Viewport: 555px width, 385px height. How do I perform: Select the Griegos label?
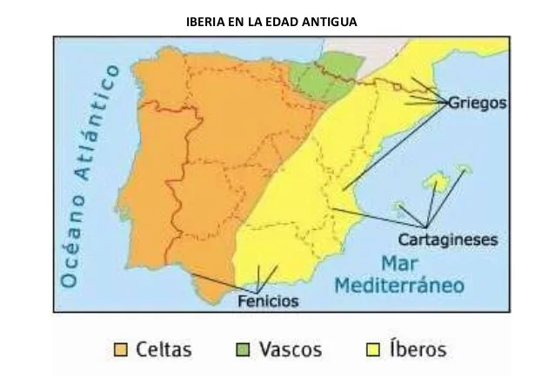478,103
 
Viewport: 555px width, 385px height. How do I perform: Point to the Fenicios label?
268,302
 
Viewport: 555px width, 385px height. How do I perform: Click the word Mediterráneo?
400,285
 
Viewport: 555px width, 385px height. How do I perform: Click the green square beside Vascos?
244,350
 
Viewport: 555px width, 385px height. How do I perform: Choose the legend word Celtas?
164,350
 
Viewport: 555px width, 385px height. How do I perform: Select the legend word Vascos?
290,350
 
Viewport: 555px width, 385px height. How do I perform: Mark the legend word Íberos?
417,350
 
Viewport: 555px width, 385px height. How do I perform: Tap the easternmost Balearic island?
465,169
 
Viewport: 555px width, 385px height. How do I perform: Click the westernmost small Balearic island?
400,207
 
